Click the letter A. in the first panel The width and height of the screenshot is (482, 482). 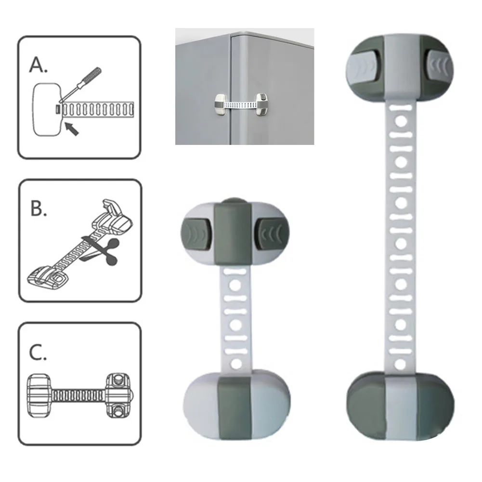click(39, 65)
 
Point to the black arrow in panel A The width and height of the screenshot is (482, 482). click(72, 128)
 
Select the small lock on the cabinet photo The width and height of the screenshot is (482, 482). click(241, 105)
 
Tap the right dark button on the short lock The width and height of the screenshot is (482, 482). click(273, 233)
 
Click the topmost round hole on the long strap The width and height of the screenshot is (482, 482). click(400, 121)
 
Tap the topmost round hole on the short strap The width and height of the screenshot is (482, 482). click(235, 285)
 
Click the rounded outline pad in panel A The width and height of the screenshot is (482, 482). click(47, 109)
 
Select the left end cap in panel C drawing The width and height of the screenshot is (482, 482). click(39, 395)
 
